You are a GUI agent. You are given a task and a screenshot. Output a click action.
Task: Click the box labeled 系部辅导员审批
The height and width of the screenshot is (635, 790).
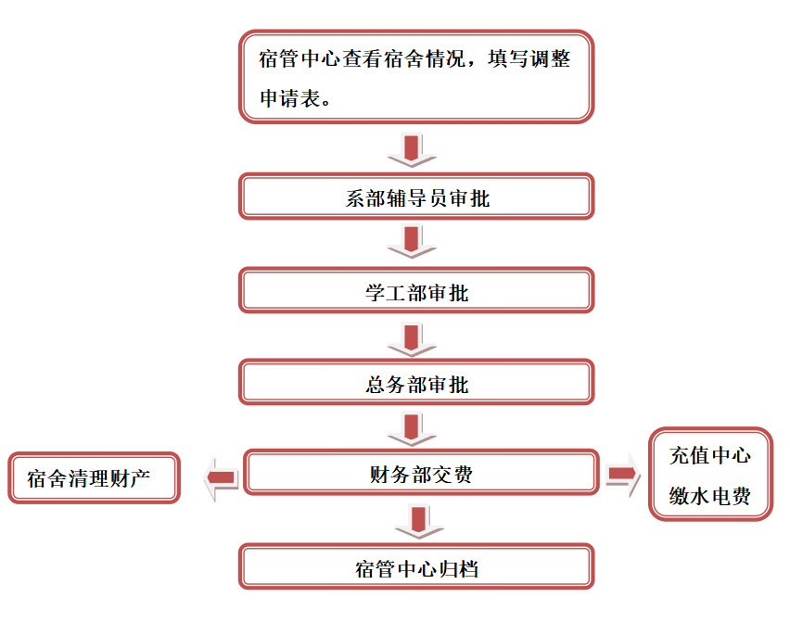tap(416, 197)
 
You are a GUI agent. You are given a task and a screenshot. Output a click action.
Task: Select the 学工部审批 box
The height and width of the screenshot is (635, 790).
tap(416, 291)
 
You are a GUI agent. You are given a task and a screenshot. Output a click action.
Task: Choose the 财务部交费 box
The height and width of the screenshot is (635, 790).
tap(419, 475)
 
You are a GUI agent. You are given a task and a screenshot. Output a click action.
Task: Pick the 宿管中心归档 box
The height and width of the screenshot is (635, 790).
tap(416, 566)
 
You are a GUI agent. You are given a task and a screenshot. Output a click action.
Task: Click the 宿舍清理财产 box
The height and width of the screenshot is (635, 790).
tap(94, 478)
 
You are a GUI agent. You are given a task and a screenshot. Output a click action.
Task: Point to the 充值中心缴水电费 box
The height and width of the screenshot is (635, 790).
tap(710, 475)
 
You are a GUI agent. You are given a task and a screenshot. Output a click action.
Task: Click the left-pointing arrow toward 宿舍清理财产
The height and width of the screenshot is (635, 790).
tap(221, 478)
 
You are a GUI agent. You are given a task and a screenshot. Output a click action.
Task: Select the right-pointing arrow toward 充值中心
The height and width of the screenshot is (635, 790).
tap(622, 475)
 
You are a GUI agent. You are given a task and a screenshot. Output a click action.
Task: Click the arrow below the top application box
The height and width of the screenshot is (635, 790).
tap(412, 148)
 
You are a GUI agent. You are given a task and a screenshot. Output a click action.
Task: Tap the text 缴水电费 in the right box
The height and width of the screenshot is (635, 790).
tap(710, 496)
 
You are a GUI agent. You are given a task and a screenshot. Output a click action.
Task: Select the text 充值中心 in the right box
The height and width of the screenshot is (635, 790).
tap(710, 454)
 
